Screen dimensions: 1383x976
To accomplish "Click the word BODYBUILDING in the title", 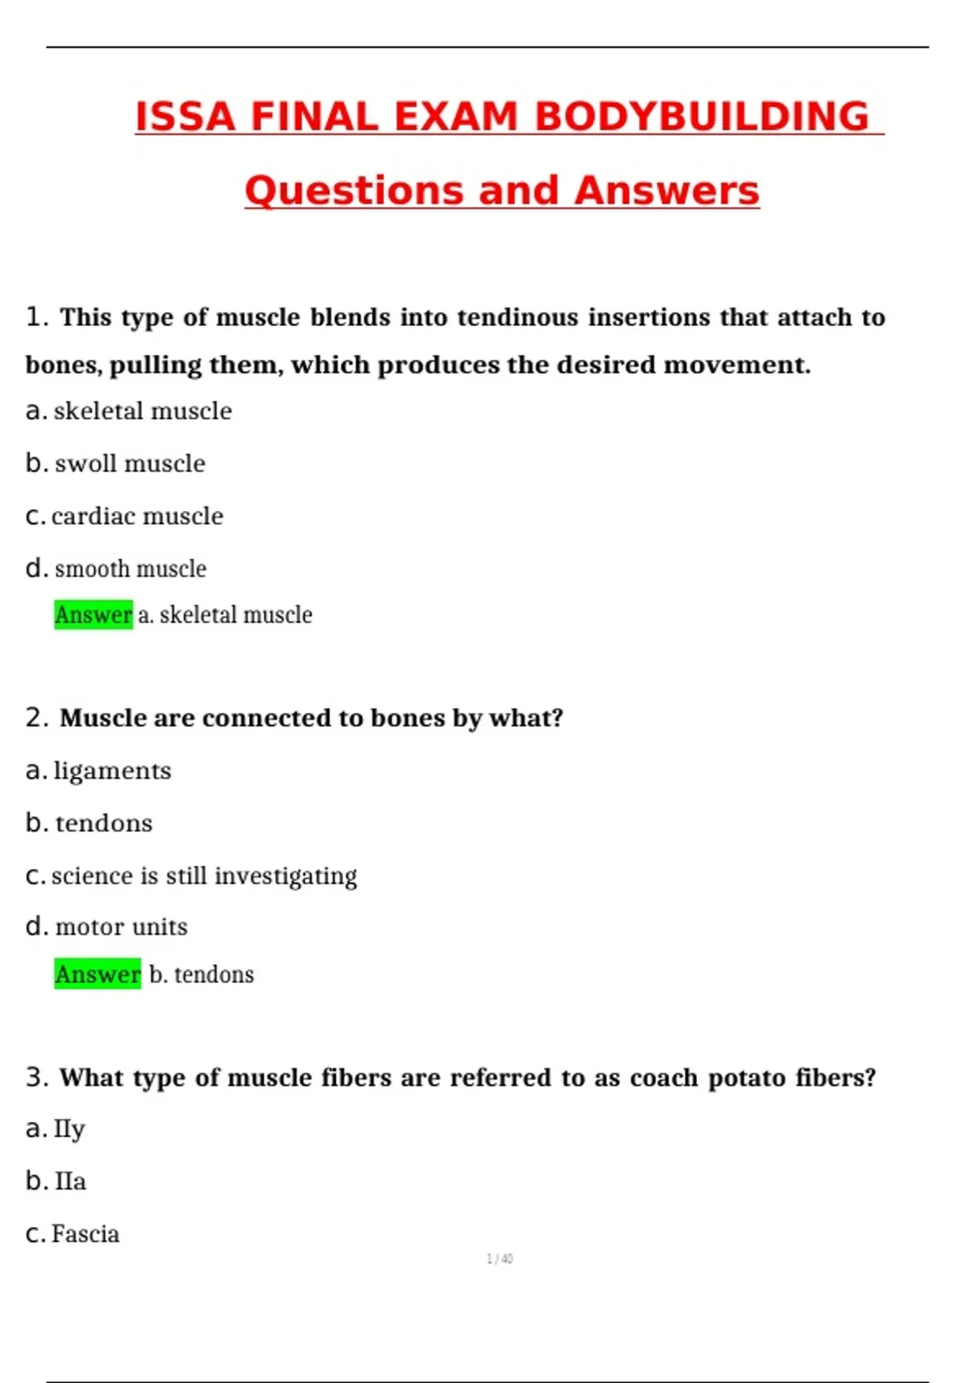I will pyautogui.click(x=702, y=116).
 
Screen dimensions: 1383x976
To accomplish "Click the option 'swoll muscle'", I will pyautogui.click(x=129, y=464).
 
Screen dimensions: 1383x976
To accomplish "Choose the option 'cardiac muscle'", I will pyautogui.click(x=137, y=517).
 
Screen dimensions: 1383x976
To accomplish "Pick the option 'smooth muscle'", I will pyautogui.click(x=130, y=569).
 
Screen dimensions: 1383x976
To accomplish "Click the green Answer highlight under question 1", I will pyautogui.click(x=94, y=615).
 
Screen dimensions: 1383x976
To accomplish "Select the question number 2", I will pyautogui.click(x=36, y=718).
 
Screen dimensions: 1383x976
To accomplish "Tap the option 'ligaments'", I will pyautogui.click(x=112, y=770).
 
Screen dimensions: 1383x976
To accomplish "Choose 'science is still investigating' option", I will pyautogui.click(x=203, y=876).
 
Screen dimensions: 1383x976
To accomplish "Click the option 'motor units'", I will pyautogui.click(x=121, y=927).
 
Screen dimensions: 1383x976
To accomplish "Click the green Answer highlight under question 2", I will pyautogui.click(x=98, y=975).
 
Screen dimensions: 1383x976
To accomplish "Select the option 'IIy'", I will pyautogui.click(x=69, y=1129).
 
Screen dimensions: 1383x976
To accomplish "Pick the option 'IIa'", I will pyautogui.click(x=70, y=1181).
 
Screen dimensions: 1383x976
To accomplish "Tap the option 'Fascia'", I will pyautogui.click(x=85, y=1234).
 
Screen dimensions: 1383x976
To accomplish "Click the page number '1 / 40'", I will pyautogui.click(x=499, y=1259).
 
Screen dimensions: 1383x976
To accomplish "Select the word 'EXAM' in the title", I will pyautogui.click(x=455, y=116).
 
